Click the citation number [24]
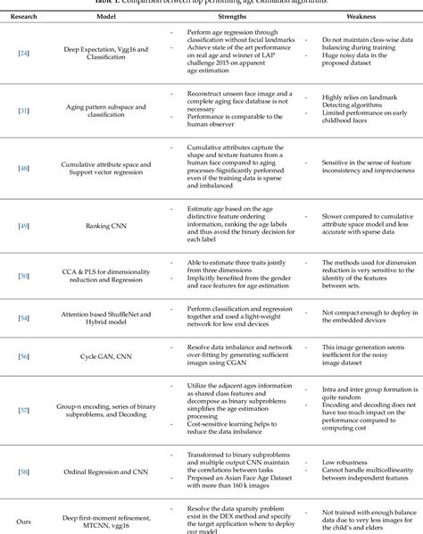point(23,53)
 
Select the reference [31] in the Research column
point(23,111)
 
